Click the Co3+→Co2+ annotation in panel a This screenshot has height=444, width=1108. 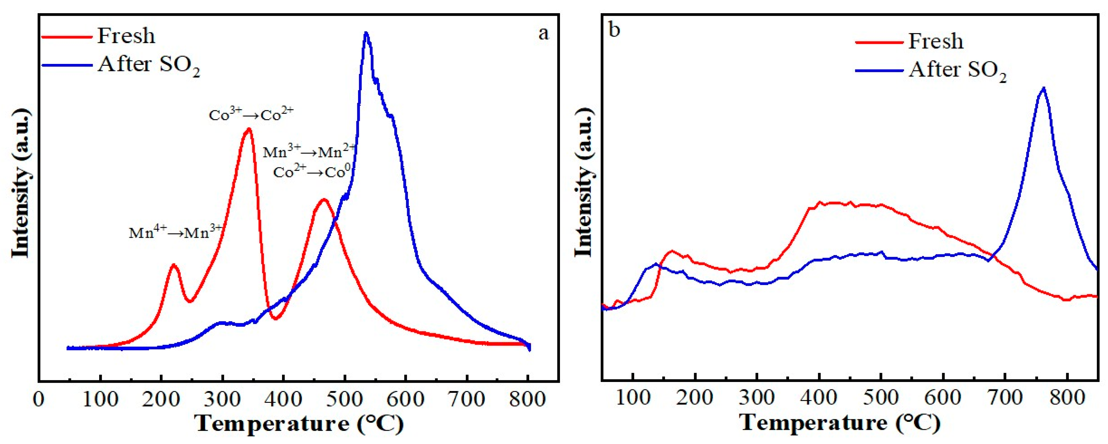click(x=251, y=115)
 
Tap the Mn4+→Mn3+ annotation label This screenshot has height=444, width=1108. click(x=176, y=232)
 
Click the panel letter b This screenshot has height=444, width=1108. click(x=615, y=30)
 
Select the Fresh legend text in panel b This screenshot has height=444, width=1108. click(x=935, y=41)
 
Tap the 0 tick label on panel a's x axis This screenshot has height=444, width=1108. click(x=39, y=399)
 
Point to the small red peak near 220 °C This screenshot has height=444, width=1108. click(x=174, y=264)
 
